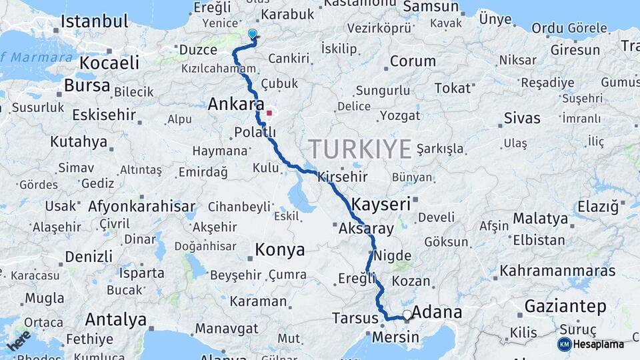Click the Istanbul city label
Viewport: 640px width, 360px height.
(x=94, y=21)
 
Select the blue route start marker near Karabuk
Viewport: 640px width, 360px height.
(x=253, y=33)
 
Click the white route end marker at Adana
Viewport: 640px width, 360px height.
(x=406, y=314)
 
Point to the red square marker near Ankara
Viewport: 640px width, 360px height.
(x=269, y=113)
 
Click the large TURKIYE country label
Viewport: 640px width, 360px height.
(x=360, y=149)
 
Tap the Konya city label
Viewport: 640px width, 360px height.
(x=280, y=250)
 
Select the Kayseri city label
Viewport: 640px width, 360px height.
(x=381, y=204)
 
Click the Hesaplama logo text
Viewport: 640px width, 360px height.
(x=599, y=344)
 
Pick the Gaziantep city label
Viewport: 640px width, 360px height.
(x=566, y=307)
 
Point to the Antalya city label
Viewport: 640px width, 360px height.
(x=116, y=320)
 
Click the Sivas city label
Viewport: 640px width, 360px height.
(x=522, y=118)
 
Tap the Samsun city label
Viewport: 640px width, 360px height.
(x=431, y=7)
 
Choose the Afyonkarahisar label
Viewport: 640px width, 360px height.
(x=142, y=206)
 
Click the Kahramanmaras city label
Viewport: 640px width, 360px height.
(x=557, y=271)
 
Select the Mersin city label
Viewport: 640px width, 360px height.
(x=396, y=337)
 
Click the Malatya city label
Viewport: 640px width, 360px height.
(x=541, y=219)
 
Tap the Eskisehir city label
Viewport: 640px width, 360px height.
(x=104, y=114)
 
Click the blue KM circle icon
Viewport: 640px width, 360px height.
(x=564, y=344)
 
